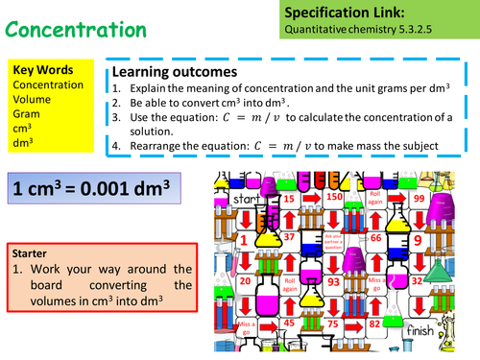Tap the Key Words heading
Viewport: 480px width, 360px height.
pos(39,71)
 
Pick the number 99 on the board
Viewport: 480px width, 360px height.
pos(419,197)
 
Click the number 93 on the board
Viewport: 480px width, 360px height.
pos(333,281)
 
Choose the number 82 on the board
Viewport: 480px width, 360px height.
pos(376,324)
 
